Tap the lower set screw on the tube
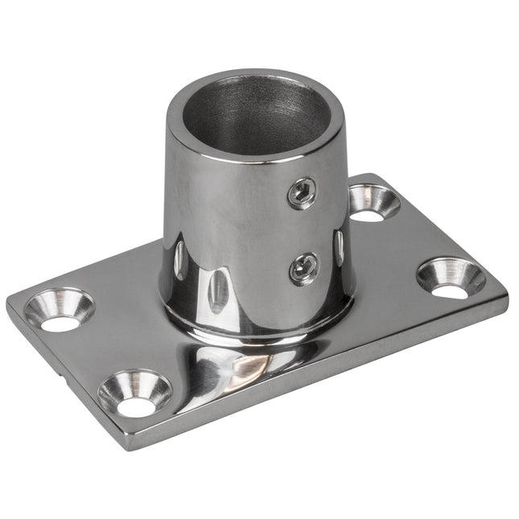[x=303, y=268]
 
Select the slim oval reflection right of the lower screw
[x=339, y=245]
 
